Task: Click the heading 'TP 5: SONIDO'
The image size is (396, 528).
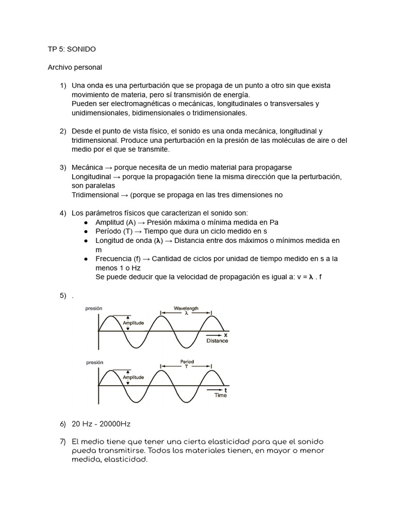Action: click(72, 49)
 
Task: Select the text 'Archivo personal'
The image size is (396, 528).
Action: click(75, 67)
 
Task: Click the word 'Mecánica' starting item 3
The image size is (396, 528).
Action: click(87, 168)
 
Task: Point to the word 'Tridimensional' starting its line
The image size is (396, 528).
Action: click(95, 195)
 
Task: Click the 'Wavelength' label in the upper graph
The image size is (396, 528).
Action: click(186, 308)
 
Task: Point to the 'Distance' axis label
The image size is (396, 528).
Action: click(217, 341)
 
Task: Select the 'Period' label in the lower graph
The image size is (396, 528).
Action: click(187, 361)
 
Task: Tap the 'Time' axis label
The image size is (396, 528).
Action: click(220, 395)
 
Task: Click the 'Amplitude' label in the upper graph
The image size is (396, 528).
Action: click(134, 323)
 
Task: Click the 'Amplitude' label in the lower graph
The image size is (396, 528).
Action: click(134, 377)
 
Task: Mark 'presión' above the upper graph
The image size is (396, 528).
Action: click(94, 308)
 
